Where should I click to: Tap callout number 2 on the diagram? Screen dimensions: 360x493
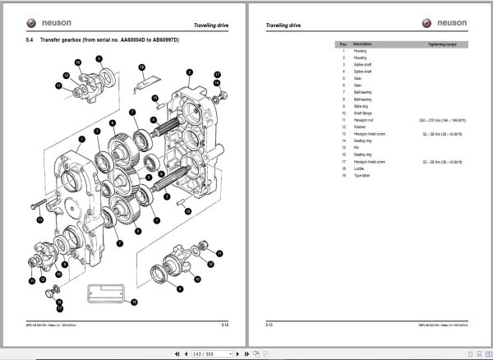[189, 72]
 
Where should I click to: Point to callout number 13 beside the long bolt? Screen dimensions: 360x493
[39, 221]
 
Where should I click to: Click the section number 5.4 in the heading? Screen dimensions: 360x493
[30, 40]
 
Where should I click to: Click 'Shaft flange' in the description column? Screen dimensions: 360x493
[363, 113]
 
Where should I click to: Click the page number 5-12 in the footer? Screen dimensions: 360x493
[226, 325]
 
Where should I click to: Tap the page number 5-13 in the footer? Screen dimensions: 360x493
[269, 325]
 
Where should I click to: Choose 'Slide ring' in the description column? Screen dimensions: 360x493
[362, 106]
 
